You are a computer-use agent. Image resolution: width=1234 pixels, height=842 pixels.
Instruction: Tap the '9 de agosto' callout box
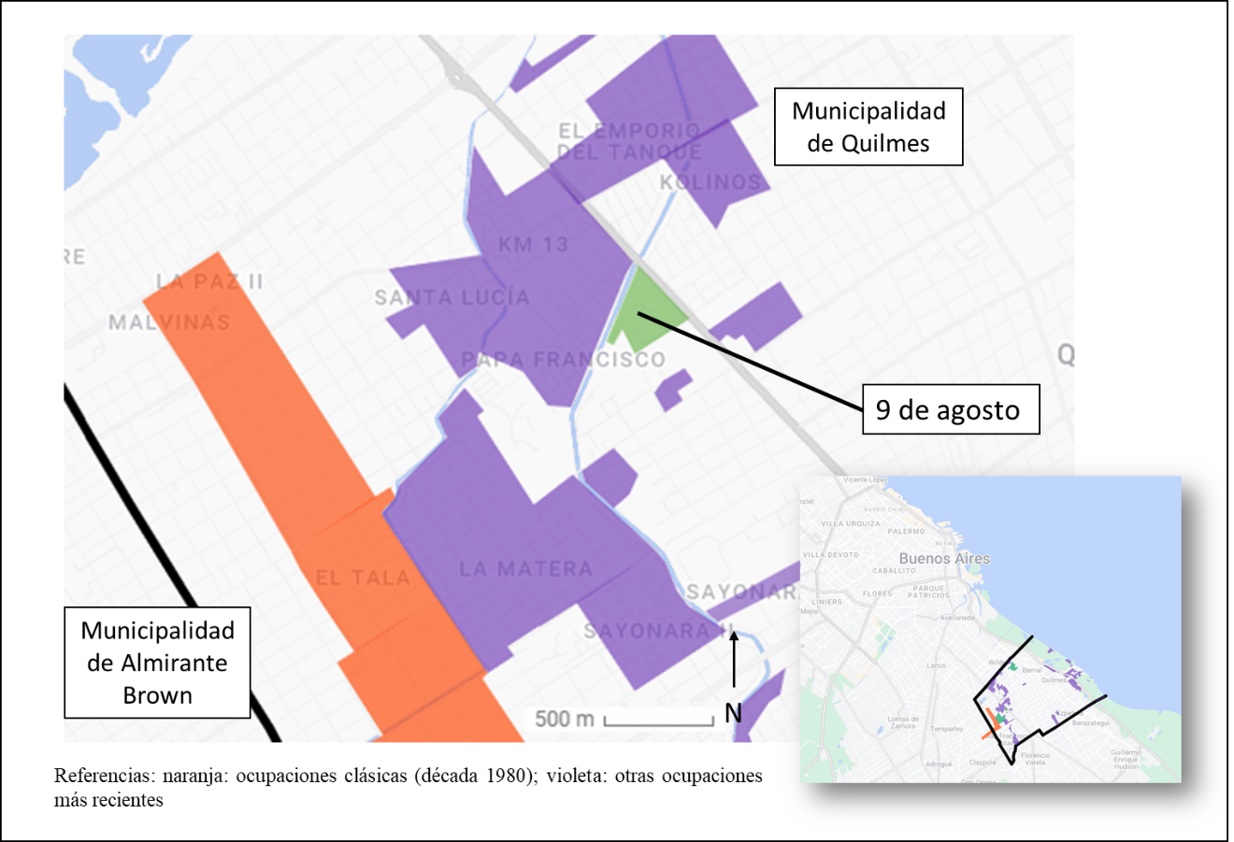point(950,409)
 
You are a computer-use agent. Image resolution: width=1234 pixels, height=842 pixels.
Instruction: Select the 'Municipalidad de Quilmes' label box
point(868,126)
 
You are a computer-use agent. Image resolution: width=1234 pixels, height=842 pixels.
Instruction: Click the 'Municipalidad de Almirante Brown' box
point(157,663)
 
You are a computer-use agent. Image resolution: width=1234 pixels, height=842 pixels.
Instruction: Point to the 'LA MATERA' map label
point(525,568)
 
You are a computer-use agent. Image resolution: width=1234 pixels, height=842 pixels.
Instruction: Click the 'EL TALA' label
point(362,578)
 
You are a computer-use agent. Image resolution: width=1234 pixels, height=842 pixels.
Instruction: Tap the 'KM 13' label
point(533,245)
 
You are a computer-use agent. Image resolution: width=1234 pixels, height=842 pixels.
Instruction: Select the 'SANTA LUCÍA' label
point(452,297)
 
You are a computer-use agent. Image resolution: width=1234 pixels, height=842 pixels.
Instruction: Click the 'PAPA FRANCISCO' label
point(563,360)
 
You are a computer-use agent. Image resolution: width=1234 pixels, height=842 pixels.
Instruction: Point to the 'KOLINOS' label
point(710,182)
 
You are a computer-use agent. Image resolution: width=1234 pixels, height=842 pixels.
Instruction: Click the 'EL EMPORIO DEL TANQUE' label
point(629,141)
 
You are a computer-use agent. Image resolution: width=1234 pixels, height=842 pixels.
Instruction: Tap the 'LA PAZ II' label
point(209,281)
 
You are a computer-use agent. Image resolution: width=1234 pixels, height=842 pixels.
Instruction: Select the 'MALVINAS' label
point(169,322)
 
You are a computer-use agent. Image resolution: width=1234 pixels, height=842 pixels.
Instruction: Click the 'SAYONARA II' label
point(660,631)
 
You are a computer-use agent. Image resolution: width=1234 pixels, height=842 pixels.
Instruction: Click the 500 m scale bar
point(658,721)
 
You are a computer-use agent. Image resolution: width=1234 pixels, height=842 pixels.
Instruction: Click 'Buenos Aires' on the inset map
point(943,558)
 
